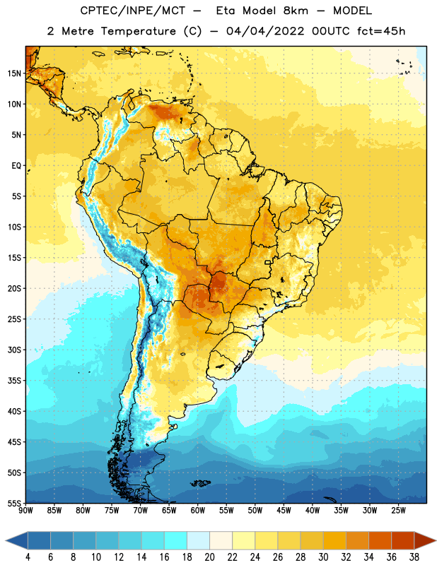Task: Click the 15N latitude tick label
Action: pos(14,73)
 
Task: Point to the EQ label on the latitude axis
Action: pos(16,166)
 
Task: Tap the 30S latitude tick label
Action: pos(14,350)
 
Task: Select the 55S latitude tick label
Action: pos(14,503)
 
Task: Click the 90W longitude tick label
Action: pos(25,511)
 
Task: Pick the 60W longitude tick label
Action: pos(198,511)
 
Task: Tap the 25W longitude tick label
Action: pos(398,511)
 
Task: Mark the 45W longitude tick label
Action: pos(284,511)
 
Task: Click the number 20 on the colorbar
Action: pos(209,557)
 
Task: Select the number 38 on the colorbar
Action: pos(414,557)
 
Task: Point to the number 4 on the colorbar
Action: pos(28,557)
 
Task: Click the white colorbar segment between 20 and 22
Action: pos(221,540)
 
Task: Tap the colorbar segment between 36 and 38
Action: pos(403,540)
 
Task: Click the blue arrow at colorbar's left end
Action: pos(17,540)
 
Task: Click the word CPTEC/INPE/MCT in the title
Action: pos(133,11)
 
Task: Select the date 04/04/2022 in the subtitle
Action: pos(265,31)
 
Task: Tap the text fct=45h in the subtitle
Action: pos(381,31)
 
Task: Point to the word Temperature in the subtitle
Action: pos(138,31)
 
